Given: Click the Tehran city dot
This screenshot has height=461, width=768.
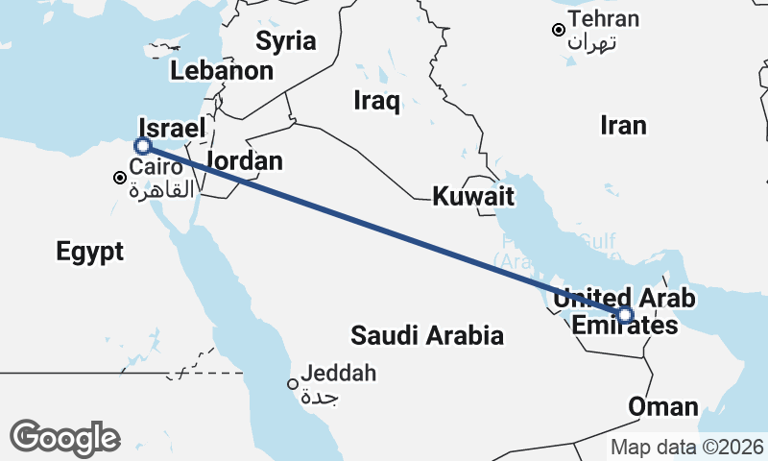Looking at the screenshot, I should (558, 30).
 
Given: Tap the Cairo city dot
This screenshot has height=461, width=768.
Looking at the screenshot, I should (120, 178).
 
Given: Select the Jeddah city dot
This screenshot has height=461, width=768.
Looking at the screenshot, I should (293, 384).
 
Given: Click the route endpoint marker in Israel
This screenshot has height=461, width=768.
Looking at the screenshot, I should (143, 146).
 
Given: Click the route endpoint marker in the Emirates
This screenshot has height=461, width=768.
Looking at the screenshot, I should (625, 315).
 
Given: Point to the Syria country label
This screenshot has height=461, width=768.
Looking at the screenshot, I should (285, 40).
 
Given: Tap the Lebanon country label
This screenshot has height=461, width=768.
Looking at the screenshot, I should (222, 71).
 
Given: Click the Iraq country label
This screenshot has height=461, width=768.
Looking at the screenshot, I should (376, 101).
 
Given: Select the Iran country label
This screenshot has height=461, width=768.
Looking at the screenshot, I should (623, 125).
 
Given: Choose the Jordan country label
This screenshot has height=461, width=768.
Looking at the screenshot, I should (244, 161).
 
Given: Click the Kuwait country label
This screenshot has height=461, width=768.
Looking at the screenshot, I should (473, 198).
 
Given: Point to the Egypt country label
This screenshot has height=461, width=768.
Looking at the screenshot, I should (90, 253).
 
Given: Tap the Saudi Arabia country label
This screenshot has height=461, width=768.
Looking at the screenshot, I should (427, 336).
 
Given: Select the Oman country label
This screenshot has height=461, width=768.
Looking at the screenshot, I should (663, 406).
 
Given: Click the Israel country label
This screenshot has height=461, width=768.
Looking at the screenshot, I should (173, 129).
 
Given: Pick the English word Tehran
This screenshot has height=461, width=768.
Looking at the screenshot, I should (604, 19).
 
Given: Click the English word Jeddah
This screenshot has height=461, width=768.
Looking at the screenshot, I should (338, 374).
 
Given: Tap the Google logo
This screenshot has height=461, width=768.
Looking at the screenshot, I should (64, 438).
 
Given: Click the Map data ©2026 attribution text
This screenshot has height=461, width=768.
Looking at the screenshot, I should (687, 447).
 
